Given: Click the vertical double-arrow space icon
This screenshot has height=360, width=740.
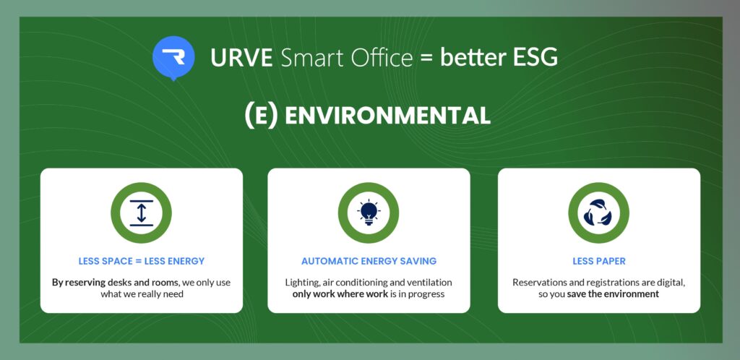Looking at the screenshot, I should pyautogui.click(x=142, y=213).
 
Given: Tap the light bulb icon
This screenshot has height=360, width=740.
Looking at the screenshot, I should pyautogui.click(x=369, y=213).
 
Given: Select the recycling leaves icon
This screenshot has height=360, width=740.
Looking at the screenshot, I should pyautogui.click(x=598, y=213).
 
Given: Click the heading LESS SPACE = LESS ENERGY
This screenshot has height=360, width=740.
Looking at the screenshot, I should pyautogui.click(x=142, y=261).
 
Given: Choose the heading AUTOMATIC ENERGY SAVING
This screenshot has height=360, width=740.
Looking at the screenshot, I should pyautogui.click(x=369, y=261).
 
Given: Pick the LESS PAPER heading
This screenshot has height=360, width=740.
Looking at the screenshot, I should pyautogui.click(x=598, y=261).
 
